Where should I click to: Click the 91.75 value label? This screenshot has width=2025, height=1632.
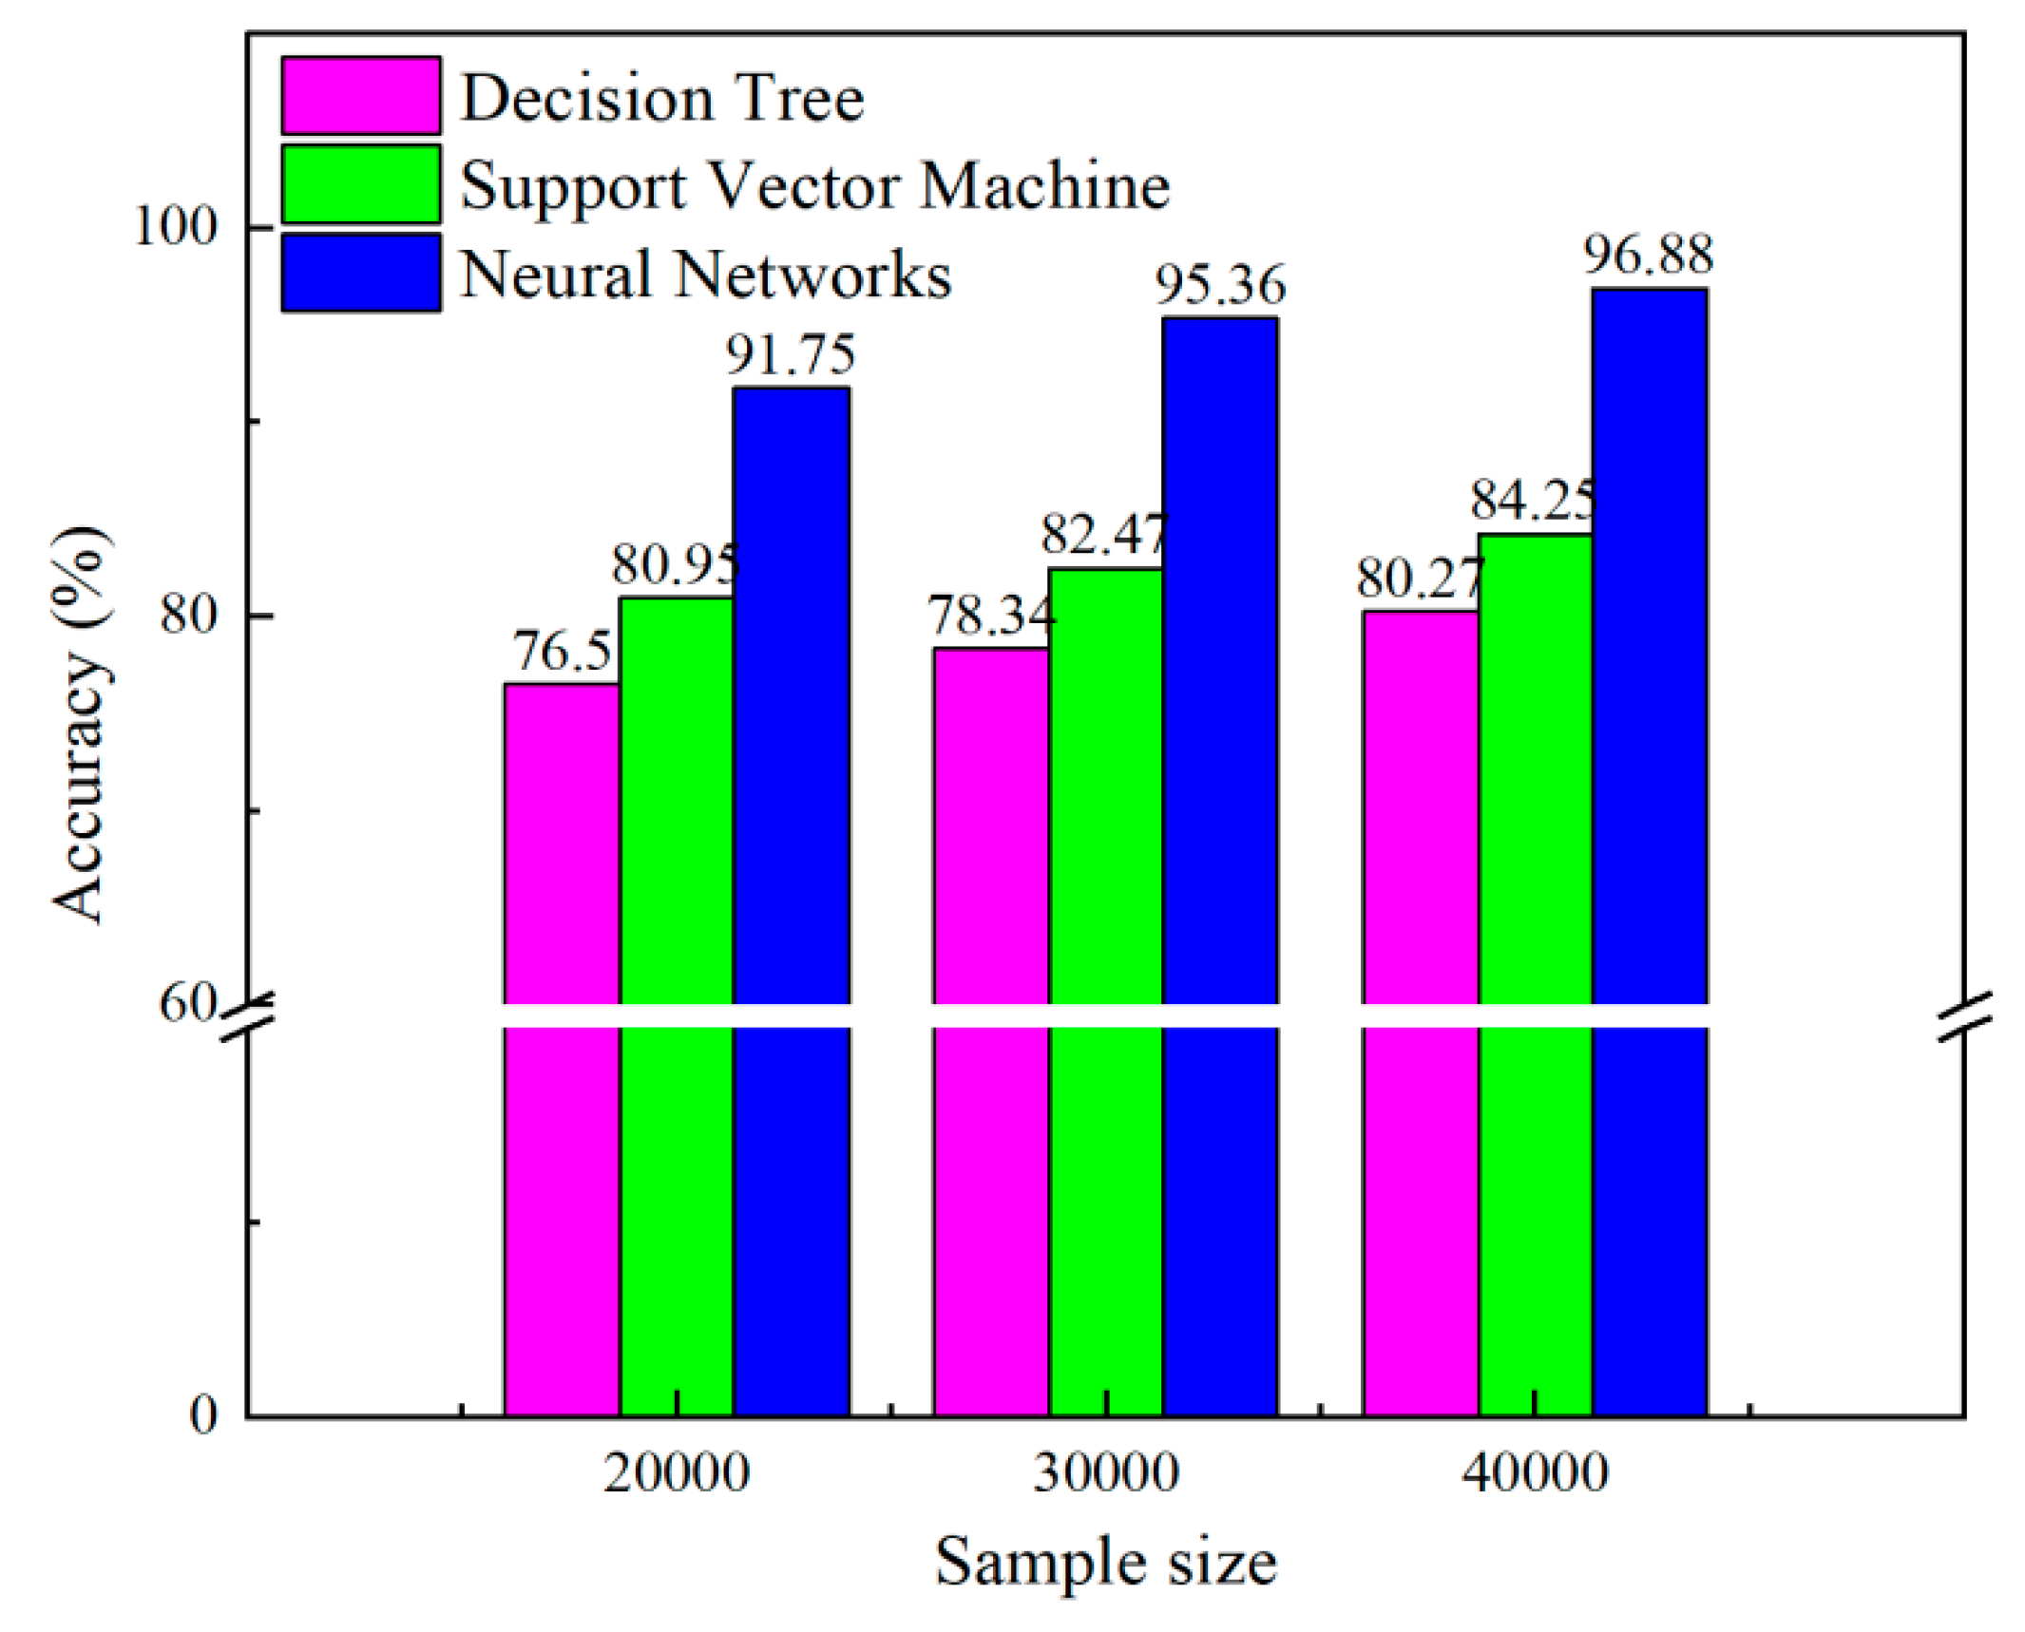point(791,354)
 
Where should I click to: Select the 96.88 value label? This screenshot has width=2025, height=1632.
point(1648,255)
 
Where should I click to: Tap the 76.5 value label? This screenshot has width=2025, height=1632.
point(562,652)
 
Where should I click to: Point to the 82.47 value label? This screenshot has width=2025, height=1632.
point(1102,534)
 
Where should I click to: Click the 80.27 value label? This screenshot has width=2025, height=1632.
point(1419,578)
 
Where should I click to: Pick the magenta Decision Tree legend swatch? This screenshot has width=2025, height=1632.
point(360,95)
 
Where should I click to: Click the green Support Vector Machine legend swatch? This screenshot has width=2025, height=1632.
point(360,183)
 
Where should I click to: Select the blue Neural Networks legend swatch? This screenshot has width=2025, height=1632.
point(360,273)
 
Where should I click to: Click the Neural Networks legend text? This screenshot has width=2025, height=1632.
point(705,275)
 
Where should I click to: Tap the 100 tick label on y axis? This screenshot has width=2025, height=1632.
point(177,227)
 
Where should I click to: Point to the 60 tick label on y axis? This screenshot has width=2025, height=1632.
point(187,1002)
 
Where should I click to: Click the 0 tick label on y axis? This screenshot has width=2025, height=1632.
point(203,1415)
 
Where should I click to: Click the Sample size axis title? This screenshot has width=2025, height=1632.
point(1105,1563)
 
